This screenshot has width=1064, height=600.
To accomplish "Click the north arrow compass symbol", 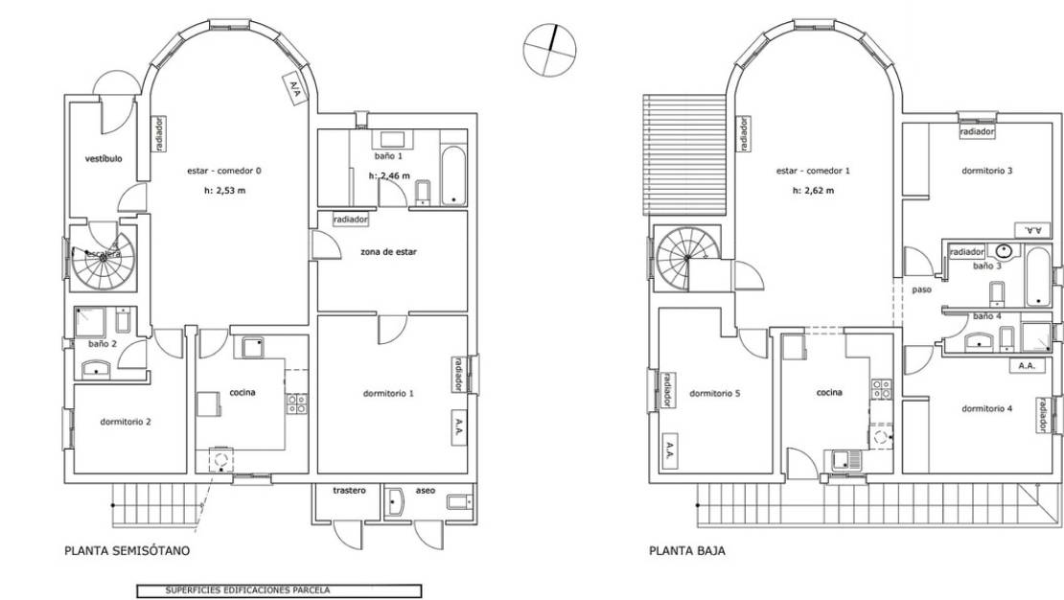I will (551, 48).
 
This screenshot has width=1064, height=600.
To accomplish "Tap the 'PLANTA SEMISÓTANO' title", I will (127, 551).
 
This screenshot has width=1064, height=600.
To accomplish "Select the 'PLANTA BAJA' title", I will (686, 551).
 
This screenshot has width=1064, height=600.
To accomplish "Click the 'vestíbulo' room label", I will (104, 159).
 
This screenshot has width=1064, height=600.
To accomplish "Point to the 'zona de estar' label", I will (388, 252).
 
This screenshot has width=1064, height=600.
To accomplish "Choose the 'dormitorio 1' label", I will (388, 393).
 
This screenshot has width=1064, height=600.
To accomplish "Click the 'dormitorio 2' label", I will (126, 421).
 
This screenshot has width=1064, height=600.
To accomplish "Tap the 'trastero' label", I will (350, 491).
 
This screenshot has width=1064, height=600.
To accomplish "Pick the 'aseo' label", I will (425, 491).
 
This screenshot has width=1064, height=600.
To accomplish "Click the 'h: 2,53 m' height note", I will (225, 191).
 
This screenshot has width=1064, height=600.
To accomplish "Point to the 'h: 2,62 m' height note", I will (813, 191).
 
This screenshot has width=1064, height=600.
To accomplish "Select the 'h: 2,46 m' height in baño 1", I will (389, 176).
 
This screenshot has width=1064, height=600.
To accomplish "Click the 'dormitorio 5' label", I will (714, 393).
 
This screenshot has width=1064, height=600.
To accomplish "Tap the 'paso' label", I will (922, 288).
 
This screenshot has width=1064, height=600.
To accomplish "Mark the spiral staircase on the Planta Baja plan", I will (686, 255).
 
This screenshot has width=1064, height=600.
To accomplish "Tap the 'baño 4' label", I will (987, 316).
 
